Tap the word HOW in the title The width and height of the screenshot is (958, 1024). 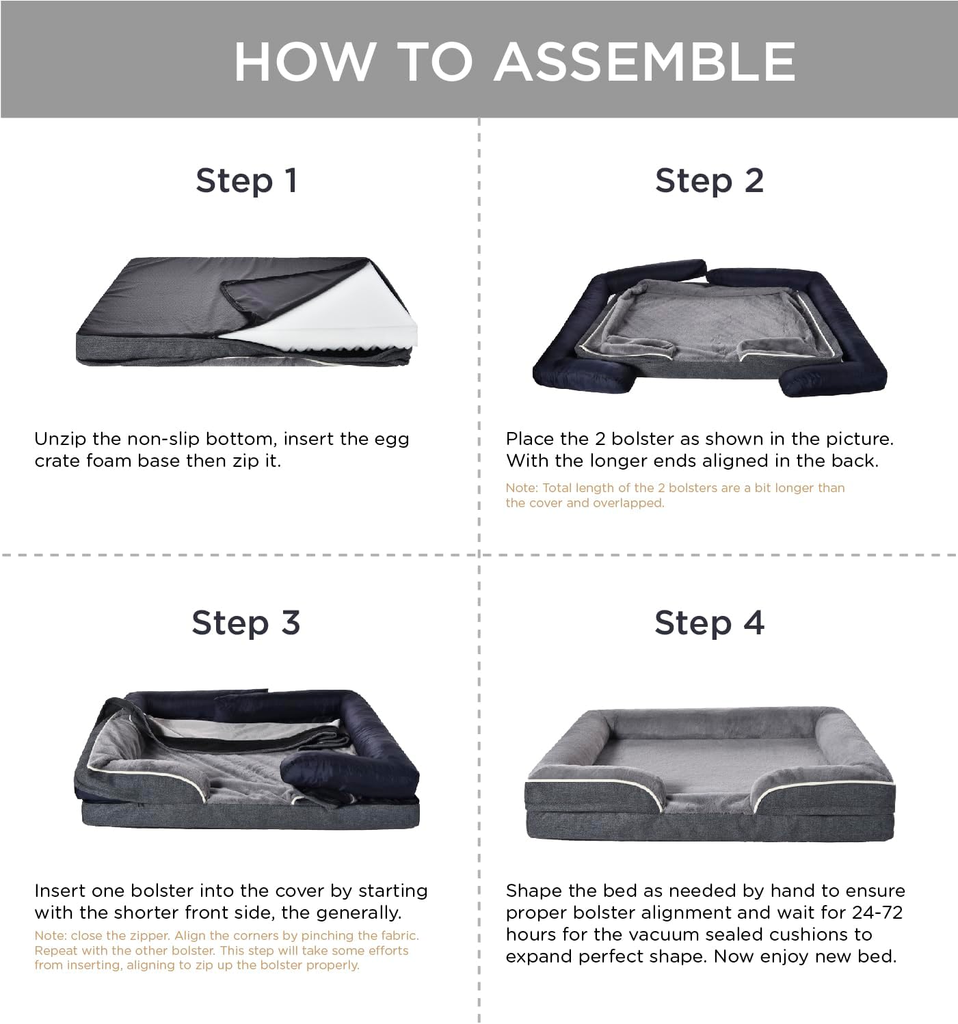[x=304, y=62]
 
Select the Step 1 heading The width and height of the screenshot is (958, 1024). [x=247, y=180]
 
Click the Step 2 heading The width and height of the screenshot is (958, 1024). [x=709, y=180]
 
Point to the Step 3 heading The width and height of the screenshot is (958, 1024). [x=246, y=622]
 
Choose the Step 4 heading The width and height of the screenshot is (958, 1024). [x=709, y=622]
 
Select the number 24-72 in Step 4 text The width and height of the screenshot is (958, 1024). [x=877, y=912]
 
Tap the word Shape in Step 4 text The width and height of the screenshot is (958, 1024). [x=531, y=891]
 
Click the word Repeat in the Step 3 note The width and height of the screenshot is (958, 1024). [x=53, y=951]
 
